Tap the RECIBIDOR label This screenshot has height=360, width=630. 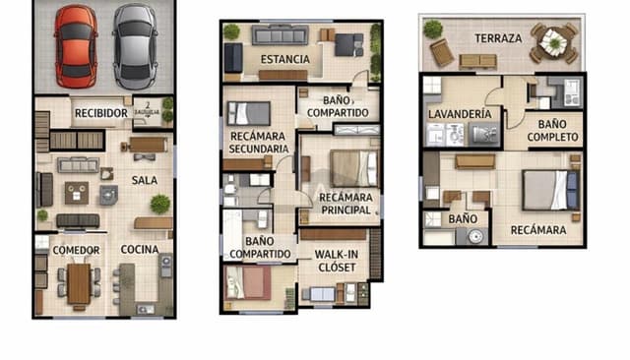tap(101, 114)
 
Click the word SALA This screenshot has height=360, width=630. tap(145, 180)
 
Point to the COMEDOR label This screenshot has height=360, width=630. tap(76, 250)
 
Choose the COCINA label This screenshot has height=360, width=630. tap(140, 250)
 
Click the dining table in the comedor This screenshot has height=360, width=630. tap(79, 283)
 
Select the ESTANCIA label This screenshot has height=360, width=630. tap(284, 59)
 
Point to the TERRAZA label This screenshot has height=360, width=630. tap(498, 38)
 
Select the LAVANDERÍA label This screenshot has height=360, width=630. tap(459, 114)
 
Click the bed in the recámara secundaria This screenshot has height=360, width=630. tap(247, 111)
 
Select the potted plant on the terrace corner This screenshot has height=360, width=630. tap(432, 29)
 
